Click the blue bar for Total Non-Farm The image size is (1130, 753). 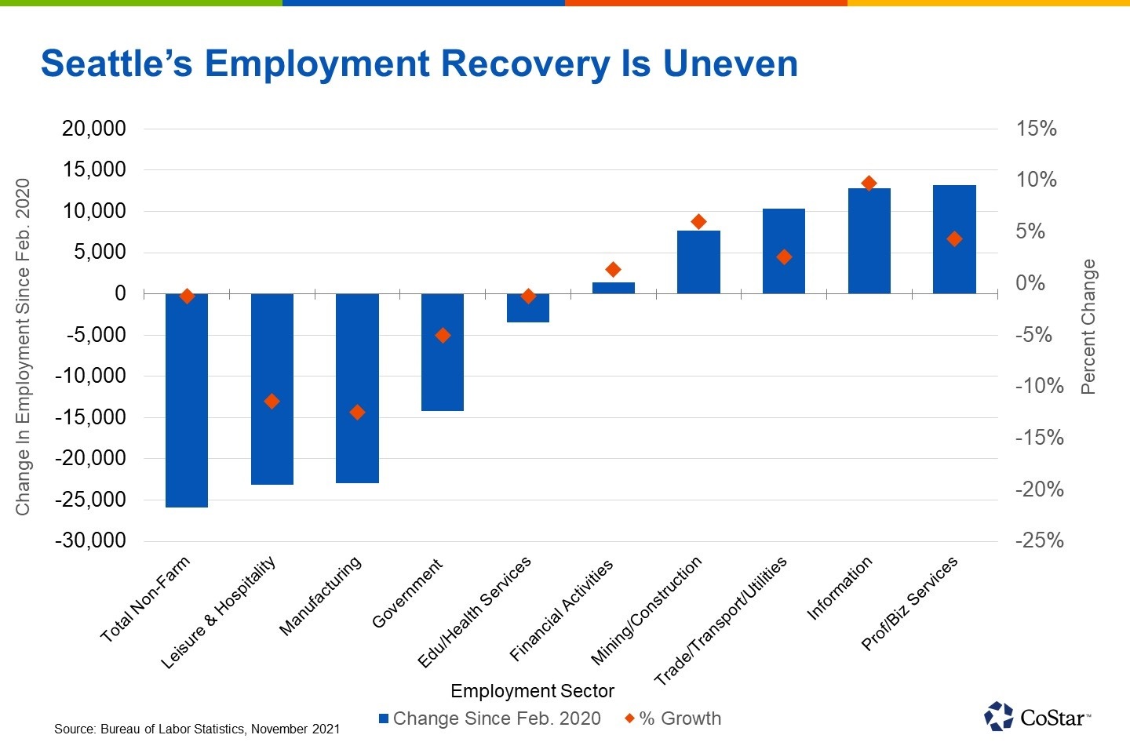pos(187,400)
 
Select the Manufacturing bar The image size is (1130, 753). pos(357,388)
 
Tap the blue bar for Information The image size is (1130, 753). pos(869,241)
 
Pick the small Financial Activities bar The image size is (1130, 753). pos(613,288)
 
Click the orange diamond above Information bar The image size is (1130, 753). pos(869,183)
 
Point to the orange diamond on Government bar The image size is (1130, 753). pos(443,335)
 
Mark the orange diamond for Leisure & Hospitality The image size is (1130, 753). pos(272,401)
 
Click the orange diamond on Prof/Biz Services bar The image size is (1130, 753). pos(954,239)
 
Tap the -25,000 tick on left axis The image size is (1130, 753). pos(90,499)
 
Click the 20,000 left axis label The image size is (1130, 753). pos(94,129)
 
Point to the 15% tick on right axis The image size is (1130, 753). pos(1036,129)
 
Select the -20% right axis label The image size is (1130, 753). pos(1039,489)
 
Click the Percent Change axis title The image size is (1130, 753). pos(1088,326)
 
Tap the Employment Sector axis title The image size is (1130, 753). pos(532,691)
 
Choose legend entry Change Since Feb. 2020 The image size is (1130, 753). pos(490,718)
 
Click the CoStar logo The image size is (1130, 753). pos(1036,716)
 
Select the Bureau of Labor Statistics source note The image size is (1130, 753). pos(197,729)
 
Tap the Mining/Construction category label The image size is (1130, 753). pos(646,611)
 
